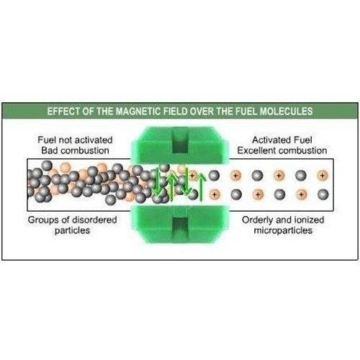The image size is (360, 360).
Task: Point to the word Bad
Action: (x=50, y=150)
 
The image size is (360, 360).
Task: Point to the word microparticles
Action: (x=283, y=230)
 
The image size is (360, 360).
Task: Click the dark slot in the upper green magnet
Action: (x=180, y=143)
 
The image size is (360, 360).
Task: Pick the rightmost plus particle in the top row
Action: (x=323, y=176)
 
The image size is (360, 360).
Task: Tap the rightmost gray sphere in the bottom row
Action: (x=323, y=194)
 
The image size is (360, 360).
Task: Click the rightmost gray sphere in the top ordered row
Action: (x=301, y=176)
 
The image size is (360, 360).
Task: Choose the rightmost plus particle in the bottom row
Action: (x=301, y=194)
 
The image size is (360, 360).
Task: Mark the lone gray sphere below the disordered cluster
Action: (x=111, y=199)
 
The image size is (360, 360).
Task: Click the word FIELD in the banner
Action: (x=176, y=112)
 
